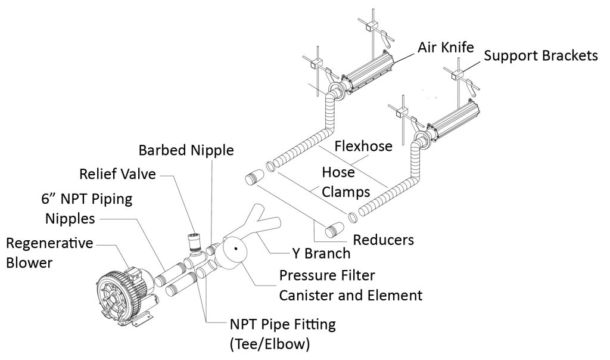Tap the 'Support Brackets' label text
pyautogui.click(x=540, y=56)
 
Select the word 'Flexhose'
pyautogui.click(x=363, y=146)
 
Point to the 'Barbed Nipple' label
pyautogui.click(x=185, y=150)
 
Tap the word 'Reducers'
pyautogui.click(x=384, y=240)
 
